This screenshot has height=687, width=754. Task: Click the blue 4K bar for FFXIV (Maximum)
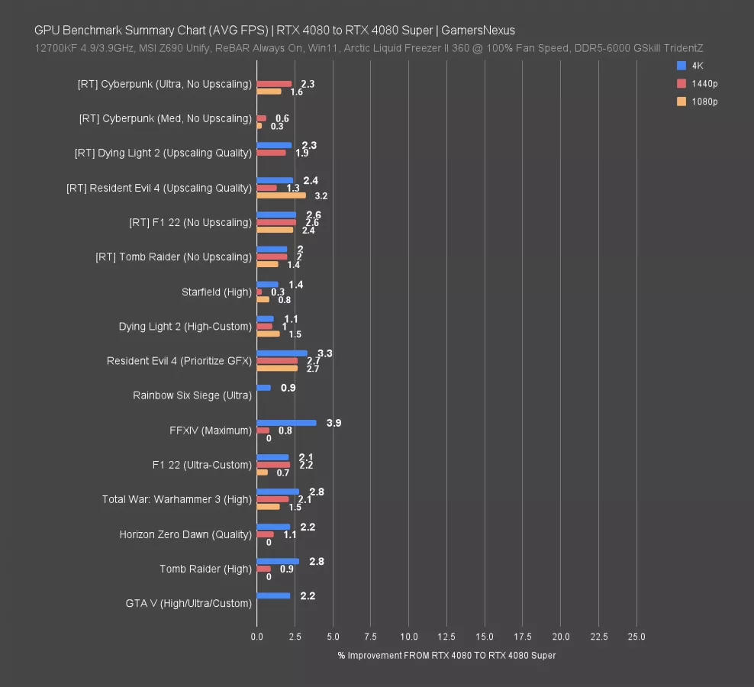click(286, 422)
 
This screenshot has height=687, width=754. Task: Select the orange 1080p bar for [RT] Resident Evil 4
click(281, 195)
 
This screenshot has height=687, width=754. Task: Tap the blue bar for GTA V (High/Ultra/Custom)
click(273, 595)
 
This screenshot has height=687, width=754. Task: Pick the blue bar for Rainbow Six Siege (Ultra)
click(263, 388)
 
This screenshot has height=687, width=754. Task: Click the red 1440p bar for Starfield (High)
click(259, 292)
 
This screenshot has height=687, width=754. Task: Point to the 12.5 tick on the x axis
click(446, 637)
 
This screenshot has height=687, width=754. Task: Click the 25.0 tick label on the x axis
click(636, 637)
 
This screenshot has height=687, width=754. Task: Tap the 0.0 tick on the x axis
click(257, 637)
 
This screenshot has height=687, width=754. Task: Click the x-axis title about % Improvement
click(446, 655)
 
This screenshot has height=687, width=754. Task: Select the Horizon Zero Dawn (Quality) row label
click(185, 534)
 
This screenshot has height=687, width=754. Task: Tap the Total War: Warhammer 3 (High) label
click(177, 499)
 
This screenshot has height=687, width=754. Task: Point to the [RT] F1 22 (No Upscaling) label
click(190, 222)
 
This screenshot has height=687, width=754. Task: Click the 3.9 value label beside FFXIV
click(333, 422)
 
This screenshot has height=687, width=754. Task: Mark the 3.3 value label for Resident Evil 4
click(324, 353)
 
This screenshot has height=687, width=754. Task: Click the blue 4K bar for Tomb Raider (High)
click(278, 561)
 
